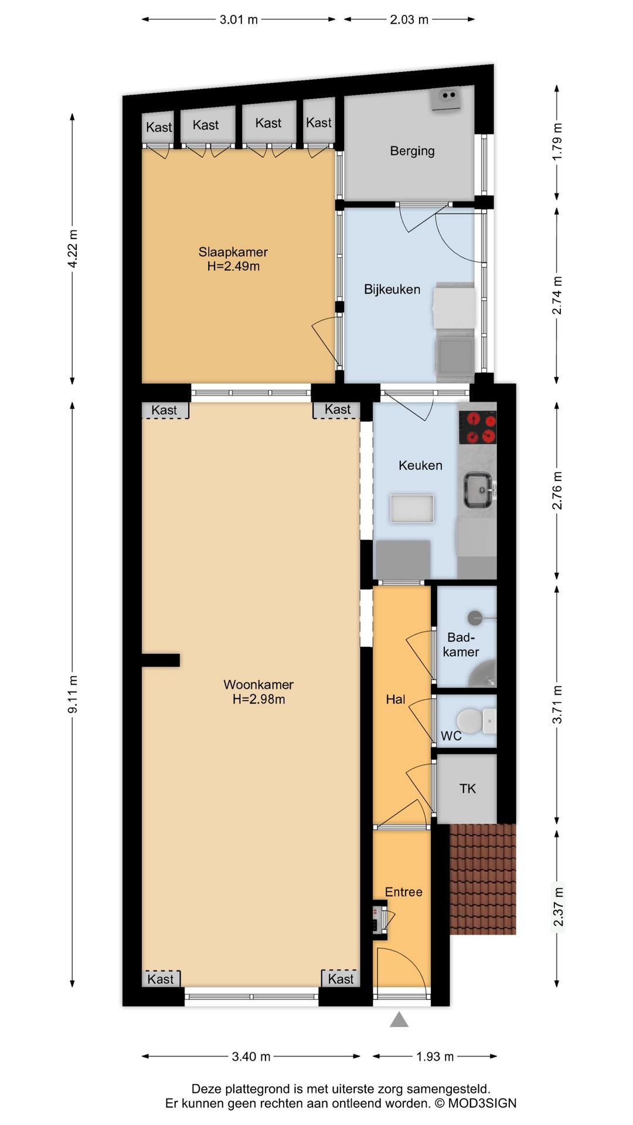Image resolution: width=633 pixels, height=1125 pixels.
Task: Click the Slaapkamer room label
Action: [233, 252]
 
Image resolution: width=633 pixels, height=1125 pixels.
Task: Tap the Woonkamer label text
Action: [258, 684]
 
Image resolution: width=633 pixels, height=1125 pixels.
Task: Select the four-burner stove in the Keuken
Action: [477, 427]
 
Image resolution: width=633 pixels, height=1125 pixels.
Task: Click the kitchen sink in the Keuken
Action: [478, 490]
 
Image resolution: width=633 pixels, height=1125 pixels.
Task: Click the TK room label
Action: [467, 789]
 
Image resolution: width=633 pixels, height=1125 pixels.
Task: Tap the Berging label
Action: [412, 151]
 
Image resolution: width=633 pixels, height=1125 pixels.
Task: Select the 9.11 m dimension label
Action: [73, 694]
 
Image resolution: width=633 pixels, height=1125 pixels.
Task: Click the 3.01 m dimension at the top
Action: [239, 19]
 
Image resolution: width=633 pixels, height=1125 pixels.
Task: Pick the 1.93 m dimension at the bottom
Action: [435, 1056]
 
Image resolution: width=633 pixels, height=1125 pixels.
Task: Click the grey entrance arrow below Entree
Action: [399, 1020]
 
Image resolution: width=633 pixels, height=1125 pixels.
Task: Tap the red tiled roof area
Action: [482, 879]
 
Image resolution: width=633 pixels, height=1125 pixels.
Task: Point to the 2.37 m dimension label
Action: [558, 907]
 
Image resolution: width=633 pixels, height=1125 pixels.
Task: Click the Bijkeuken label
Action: [392, 289]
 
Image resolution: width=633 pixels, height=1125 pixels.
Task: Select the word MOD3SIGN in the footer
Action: [482, 1103]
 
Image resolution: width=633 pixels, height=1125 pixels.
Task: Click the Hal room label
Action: [395, 699]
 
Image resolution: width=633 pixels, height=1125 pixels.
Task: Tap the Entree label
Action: [403, 892]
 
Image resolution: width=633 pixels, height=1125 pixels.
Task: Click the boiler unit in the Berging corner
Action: [447, 98]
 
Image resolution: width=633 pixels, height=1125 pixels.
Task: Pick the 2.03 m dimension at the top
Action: [409, 19]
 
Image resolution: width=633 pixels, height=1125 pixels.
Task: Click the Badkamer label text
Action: [461, 645]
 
